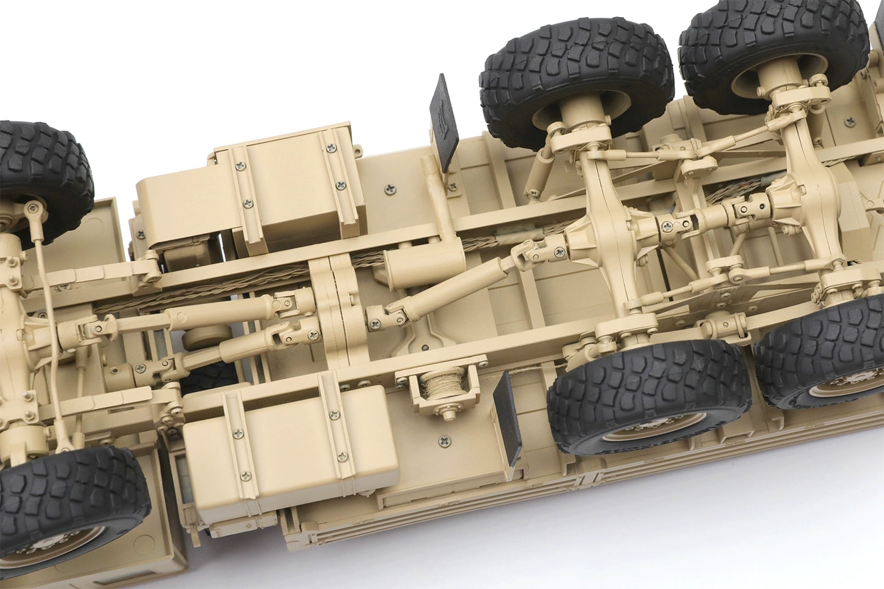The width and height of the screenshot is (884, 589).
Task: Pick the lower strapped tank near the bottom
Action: pyautogui.click(x=289, y=439)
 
